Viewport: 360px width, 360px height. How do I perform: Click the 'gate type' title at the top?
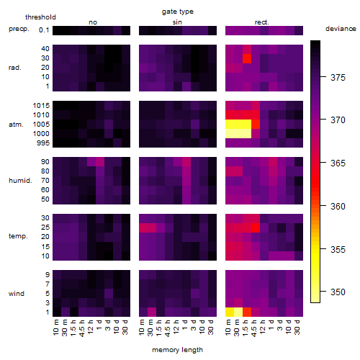178,12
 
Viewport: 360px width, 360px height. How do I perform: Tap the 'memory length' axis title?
177,350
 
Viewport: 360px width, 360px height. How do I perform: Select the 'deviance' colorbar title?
341,29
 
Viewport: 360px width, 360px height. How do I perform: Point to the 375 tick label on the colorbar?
338,78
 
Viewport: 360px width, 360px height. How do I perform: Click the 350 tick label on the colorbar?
338,292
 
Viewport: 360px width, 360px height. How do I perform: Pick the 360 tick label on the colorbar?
338,207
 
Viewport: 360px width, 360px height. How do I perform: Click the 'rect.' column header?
261,22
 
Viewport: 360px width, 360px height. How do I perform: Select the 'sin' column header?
177,22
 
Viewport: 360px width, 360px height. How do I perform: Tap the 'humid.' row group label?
20,181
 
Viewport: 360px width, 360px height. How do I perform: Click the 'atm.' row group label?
16,125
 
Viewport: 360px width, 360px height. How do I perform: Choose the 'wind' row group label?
17,294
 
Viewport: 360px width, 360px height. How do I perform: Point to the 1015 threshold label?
41,106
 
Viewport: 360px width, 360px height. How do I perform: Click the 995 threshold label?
43,143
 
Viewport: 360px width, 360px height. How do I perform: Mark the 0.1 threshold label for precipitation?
44,30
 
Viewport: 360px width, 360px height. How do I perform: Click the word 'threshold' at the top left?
40,17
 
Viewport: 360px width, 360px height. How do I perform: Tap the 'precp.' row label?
19,30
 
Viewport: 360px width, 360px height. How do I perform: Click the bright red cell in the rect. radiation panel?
247,58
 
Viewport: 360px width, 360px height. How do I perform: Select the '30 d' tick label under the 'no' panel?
125,327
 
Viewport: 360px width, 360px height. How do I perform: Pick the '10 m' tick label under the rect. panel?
228,327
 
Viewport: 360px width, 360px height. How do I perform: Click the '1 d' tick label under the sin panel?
184,325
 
